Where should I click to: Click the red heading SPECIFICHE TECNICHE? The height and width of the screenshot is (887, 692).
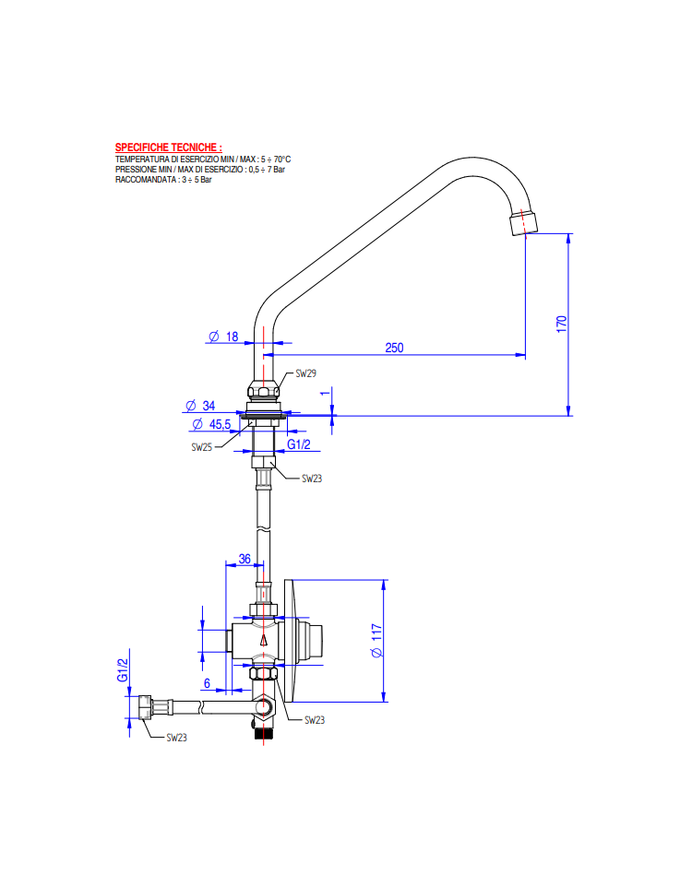pos(168,148)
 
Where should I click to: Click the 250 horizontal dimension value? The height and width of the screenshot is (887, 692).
pos(394,348)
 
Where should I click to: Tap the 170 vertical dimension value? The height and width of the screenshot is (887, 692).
pos(561,325)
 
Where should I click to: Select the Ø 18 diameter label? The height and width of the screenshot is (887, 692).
pos(223,337)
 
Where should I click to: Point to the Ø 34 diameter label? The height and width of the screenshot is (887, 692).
pos(200,406)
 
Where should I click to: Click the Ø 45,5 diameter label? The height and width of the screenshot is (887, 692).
pos(211,424)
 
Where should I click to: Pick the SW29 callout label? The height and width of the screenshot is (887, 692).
pos(305,373)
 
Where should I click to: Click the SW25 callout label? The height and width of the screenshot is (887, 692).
pos(201,447)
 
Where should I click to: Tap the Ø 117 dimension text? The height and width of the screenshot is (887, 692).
pos(376,641)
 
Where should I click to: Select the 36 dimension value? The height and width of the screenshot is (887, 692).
pos(245,559)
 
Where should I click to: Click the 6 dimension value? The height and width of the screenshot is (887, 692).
pos(207,683)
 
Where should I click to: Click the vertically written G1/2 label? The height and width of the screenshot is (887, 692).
pos(123,669)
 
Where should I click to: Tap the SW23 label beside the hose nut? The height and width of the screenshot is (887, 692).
pos(176,738)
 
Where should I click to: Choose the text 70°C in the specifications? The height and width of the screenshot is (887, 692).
pos(282,160)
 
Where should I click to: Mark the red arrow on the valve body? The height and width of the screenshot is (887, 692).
pos(263,640)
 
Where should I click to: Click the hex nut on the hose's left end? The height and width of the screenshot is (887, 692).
pos(145,707)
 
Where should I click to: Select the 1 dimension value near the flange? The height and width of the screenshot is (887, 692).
pos(325,393)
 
